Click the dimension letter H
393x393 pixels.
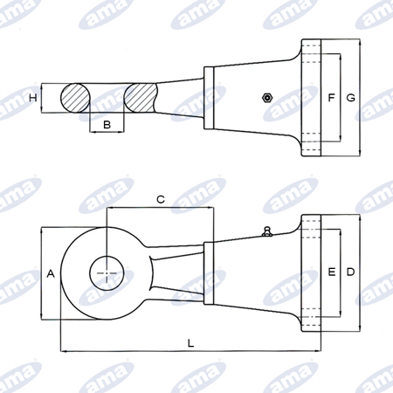(x=33, y=98)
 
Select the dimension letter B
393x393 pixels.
(x=107, y=125)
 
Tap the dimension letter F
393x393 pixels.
(x=331, y=98)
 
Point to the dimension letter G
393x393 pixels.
(x=350, y=98)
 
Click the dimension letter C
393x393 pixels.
(x=161, y=199)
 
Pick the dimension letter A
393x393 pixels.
(x=51, y=273)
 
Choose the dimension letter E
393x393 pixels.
(x=332, y=272)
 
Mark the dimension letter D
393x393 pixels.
(x=350, y=272)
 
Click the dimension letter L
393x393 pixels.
(x=190, y=343)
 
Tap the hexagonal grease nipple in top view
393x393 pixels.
(x=267, y=98)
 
